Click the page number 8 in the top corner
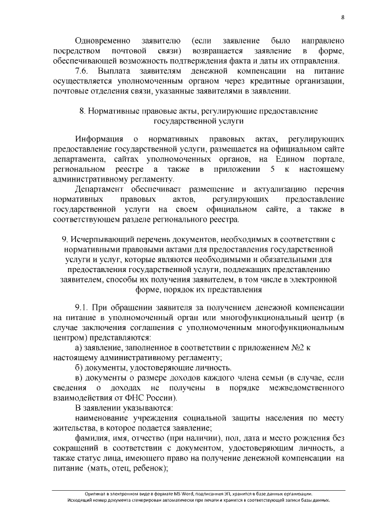point(343,18)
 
